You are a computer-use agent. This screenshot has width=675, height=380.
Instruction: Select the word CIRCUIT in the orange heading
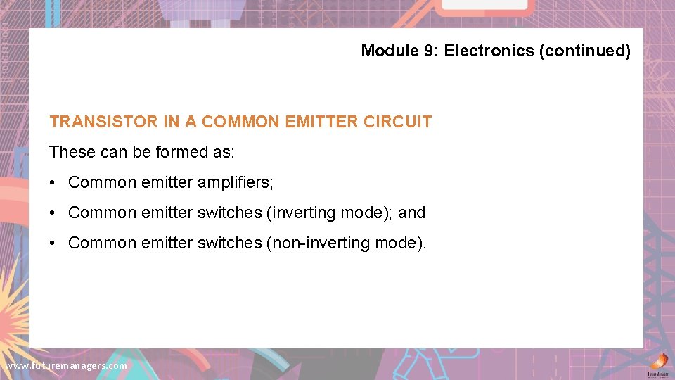point(398,122)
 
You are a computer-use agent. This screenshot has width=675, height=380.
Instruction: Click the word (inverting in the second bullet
point(295,213)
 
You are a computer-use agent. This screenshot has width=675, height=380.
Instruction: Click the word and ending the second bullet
point(412,213)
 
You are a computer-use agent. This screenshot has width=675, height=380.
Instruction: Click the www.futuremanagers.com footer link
point(66,366)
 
